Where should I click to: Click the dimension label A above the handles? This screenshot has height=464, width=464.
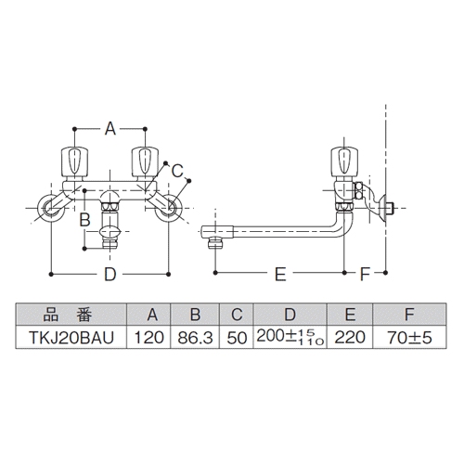click(x=110, y=129)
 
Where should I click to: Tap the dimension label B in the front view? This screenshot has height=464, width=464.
click(x=84, y=219)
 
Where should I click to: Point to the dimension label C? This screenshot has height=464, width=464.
click(x=177, y=169)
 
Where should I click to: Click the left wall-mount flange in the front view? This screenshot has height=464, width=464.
click(x=49, y=212)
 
